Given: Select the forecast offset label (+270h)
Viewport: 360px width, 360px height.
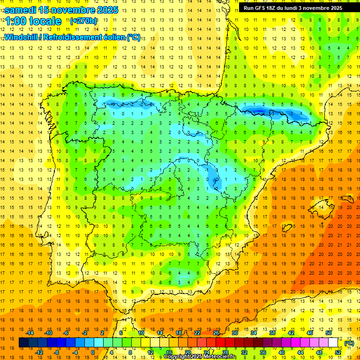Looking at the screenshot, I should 83,21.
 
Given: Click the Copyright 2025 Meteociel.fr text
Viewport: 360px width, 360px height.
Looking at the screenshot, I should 200,357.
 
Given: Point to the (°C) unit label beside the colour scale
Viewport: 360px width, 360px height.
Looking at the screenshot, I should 349,343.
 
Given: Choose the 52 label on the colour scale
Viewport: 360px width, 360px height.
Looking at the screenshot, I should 338,352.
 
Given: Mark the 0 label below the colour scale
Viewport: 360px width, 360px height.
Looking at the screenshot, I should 92,352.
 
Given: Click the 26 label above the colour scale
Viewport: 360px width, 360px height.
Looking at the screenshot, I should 216,333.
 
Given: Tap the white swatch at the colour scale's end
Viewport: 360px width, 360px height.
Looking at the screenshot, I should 333,343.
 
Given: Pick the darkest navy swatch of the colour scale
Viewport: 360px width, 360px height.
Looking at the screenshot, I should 23,343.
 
